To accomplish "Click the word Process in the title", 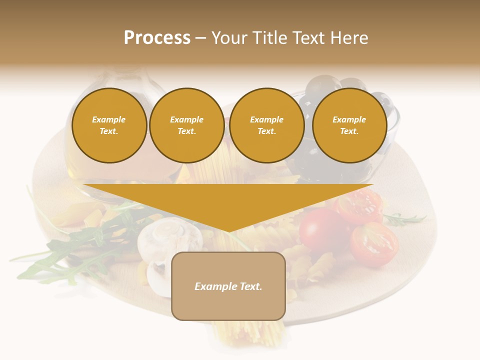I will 157,38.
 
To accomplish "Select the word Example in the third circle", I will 266,119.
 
